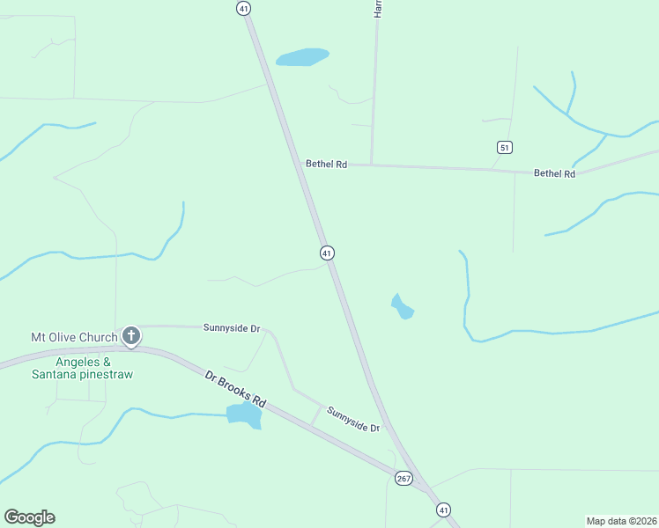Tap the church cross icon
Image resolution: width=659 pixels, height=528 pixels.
(x=131, y=335)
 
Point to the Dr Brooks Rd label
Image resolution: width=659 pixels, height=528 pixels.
(x=235, y=388)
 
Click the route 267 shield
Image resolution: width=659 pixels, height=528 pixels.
(x=404, y=478)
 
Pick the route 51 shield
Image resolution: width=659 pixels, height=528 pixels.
(x=504, y=147)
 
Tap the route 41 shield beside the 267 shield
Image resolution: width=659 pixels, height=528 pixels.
(x=443, y=510)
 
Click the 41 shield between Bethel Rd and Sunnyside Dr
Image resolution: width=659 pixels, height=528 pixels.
(x=327, y=253)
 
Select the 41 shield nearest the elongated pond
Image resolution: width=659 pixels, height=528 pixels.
(x=244, y=8)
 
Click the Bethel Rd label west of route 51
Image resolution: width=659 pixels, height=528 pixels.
(x=326, y=164)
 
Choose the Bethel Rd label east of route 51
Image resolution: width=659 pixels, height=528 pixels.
(x=554, y=173)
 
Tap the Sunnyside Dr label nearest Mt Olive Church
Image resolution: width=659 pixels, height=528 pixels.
(x=232, y=328)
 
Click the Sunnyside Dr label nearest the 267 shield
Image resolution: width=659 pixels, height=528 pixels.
(x=352, y=419)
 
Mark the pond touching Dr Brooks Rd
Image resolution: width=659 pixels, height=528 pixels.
(x=244, y=415)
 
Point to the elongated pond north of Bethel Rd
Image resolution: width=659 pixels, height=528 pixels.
(x=302, y=57)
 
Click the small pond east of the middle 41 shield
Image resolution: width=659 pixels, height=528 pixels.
(x=402, y=307)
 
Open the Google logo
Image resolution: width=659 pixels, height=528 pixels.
(x=29, y=517)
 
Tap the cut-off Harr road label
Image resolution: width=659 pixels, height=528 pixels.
(x=378, y=9)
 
